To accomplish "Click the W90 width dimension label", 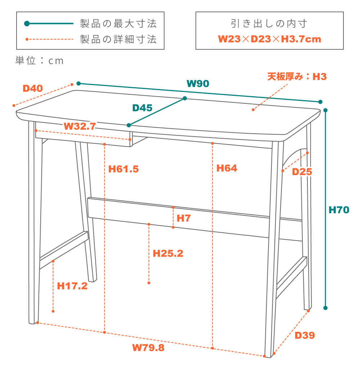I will [x=198, y=84].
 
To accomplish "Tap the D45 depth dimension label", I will [x=142, y=108].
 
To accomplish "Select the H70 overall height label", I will [x=339, y=210].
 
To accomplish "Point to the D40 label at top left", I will [x=33, y=88].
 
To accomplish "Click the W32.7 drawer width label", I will [x=80, y=126].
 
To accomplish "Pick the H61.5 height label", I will [x=123, y=169].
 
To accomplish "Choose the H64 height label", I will [x=226, y=168].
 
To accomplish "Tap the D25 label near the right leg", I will [x=302, y=172].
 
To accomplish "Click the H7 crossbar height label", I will [x=184, y=218].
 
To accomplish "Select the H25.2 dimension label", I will [x=168, y=253].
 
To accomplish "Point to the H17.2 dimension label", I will [x=72, y=286].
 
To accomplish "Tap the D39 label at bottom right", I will [x=305, y=335].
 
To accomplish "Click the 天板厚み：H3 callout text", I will [x=297, y=76].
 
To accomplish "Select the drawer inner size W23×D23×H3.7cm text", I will [x=269, y=39].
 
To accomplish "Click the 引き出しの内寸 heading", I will [x=269, y=24].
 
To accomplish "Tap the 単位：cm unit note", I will [x=39, y=61].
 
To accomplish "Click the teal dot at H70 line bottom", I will [x=325, y=308].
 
